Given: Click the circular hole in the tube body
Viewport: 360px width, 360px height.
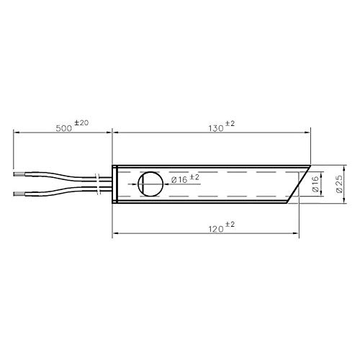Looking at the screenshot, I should coord(151,184).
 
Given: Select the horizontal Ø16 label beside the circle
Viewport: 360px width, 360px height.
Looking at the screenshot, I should coord(181,179).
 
